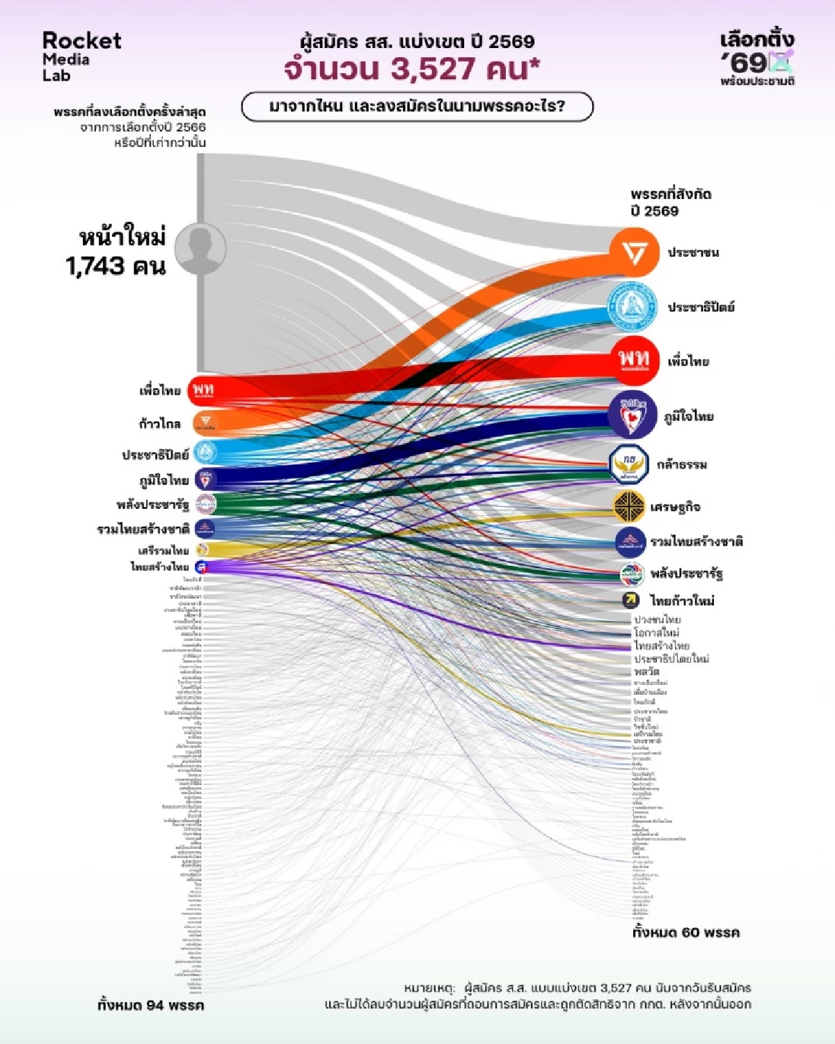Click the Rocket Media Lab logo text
coord(81,56)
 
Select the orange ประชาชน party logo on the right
coord(633,253)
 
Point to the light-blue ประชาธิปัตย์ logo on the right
coord(632,307)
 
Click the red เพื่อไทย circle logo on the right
coord(633,360)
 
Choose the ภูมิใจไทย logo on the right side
coord(632,416)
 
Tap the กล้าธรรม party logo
coord(629,464)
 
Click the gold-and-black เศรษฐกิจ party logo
coord(629,507)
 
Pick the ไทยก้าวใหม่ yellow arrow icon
coord(631,600)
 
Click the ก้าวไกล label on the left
coord(159,424)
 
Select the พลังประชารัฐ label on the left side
coord(152,505)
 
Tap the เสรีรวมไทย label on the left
coord(164,551)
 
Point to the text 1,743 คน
coord(116,266)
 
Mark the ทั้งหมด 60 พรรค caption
coord(685,933)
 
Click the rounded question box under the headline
coord(417,107)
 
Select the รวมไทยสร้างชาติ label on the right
coord(697,541)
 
